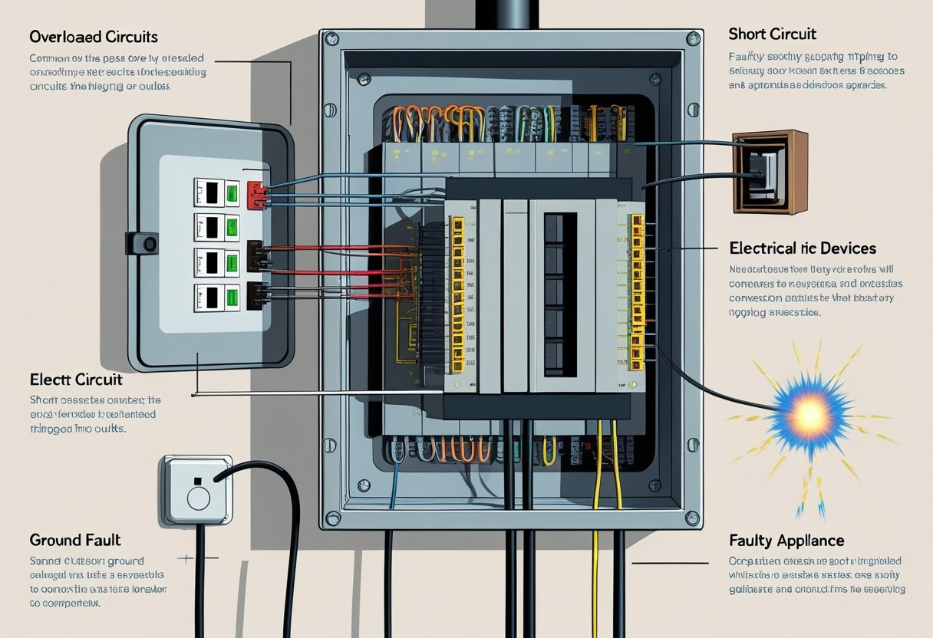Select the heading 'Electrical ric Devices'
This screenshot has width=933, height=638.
tap(803, 248)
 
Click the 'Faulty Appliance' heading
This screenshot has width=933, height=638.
tap(786, 541)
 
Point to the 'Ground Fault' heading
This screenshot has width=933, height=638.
tap(75, 540)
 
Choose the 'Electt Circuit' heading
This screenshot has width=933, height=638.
tap(76, 380)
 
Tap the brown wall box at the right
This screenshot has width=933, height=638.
tap(770, 172)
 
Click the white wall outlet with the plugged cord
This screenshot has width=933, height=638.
tap(197, 491)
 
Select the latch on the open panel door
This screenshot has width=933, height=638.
tap(143, 244)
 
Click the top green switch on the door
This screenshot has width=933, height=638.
tap(232, 192)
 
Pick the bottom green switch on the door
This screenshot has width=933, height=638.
tap(232, 297)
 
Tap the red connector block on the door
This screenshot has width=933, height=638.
tap(256, 195)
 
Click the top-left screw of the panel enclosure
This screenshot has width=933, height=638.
tap(332, 38)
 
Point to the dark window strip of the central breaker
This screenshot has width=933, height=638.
tap(560, 291)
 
